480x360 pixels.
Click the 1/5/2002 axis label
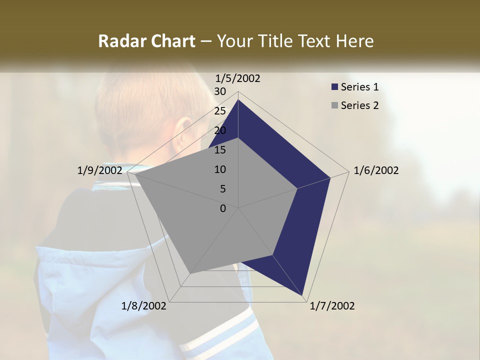pos(238,78)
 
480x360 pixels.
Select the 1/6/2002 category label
pos(376,170)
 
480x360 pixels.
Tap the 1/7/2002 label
pos(332,306)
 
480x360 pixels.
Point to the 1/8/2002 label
pos(144,306)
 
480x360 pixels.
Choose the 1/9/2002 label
pos(99,170)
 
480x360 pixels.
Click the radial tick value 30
pos(219,91)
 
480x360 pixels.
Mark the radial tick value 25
pos(219,111)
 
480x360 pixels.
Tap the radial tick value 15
pos(219,150)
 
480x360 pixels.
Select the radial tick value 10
pos(219,169)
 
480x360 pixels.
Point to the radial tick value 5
pos(222,189)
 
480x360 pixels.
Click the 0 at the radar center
pos(223,208)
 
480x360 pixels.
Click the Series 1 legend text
pos(359,87)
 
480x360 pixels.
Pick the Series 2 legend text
pos(359,105)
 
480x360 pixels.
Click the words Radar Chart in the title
pos(146,41)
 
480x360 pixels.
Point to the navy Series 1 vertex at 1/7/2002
pos(302,295)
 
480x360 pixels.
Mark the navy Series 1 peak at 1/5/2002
pos(238,100)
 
